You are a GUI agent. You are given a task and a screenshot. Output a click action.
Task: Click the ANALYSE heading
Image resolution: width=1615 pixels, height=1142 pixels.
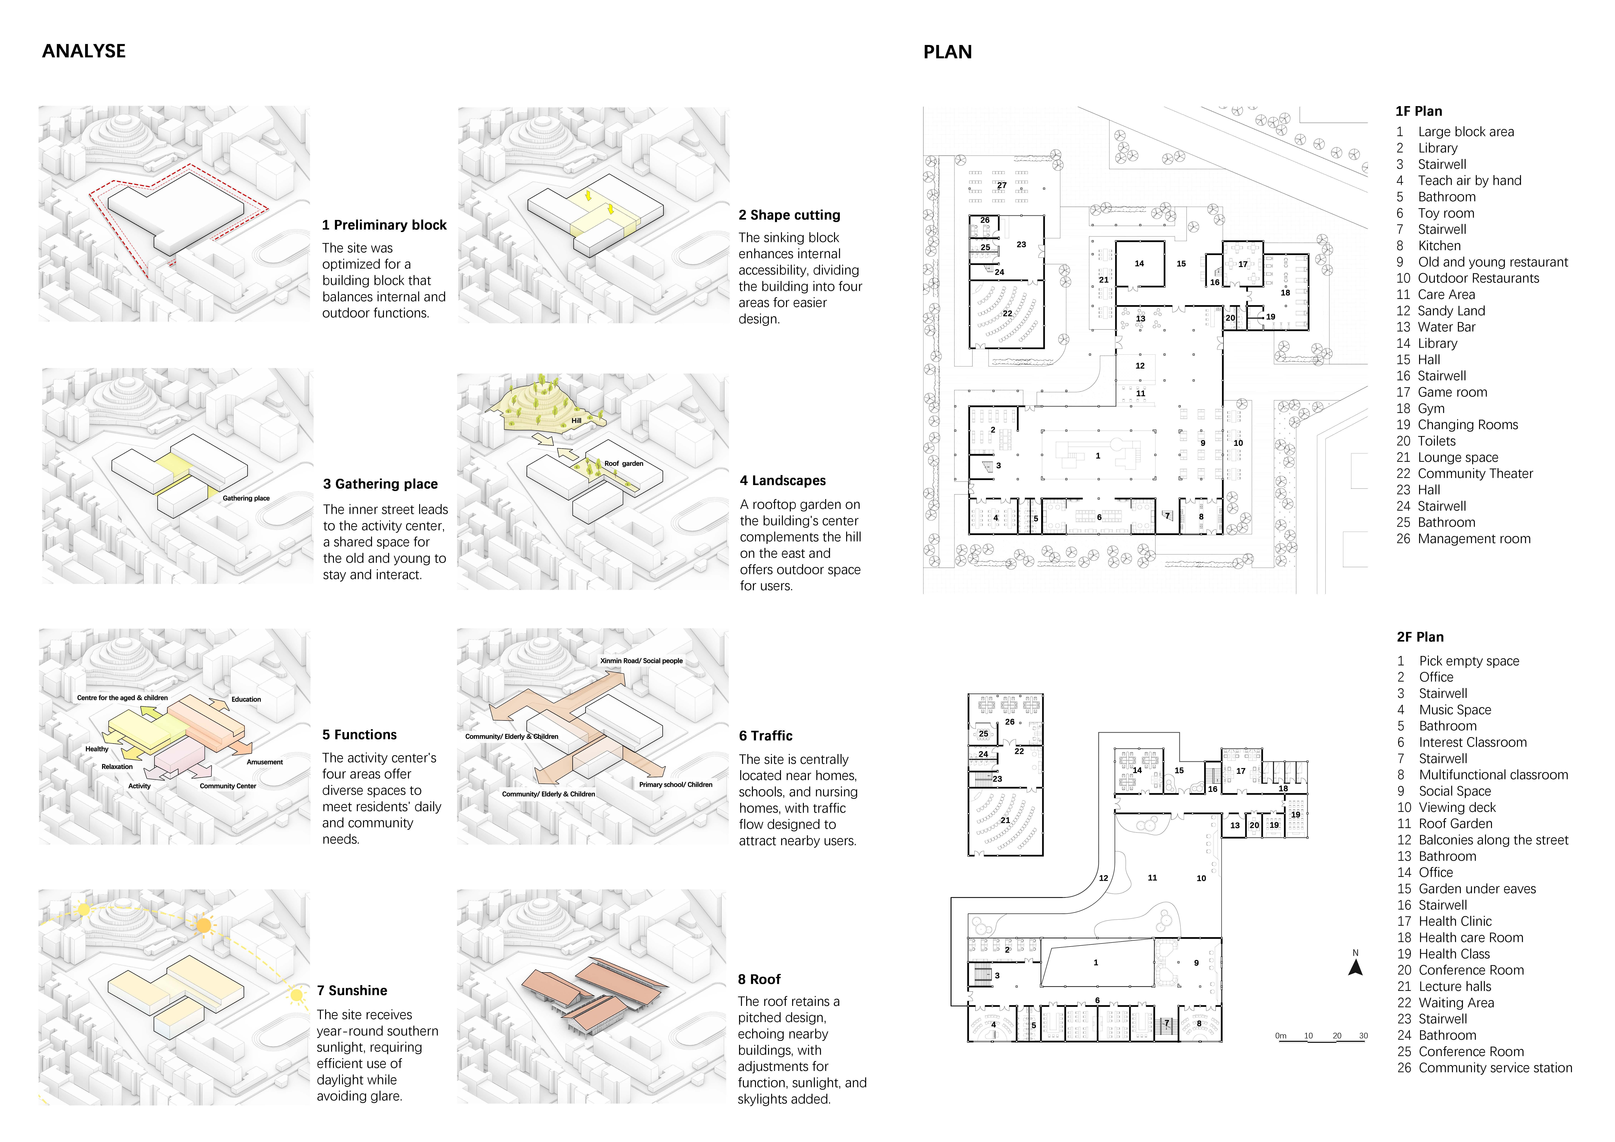84,51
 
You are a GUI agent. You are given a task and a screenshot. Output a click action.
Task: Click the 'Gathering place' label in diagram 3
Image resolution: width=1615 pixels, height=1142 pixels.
246,499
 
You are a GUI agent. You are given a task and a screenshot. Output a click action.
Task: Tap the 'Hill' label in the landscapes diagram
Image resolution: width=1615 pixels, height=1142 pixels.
576,420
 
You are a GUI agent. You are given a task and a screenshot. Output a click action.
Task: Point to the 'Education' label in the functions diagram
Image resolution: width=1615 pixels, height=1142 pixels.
246,700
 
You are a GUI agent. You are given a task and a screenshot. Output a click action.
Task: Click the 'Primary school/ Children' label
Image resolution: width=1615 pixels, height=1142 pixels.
675,785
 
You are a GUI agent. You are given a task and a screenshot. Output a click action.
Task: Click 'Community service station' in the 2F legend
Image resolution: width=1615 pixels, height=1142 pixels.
1495,1068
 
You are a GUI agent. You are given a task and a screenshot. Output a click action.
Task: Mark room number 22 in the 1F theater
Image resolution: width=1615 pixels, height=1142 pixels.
1007,314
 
